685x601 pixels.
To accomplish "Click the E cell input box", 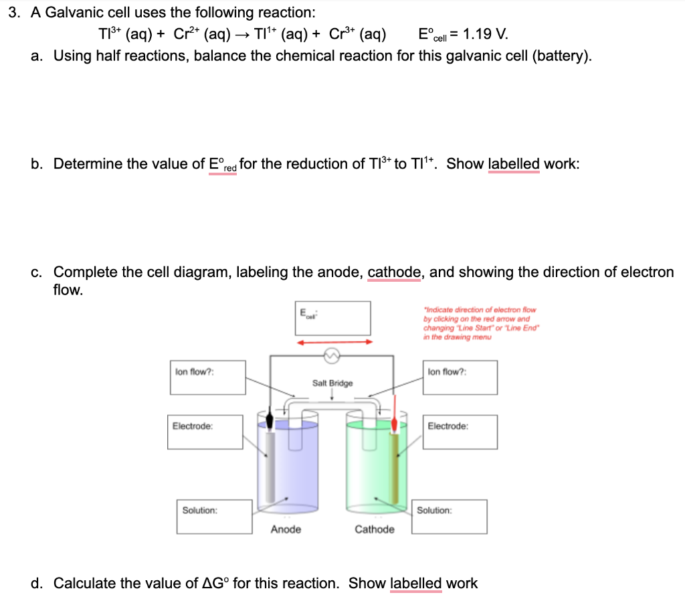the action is pyautogui.click(x=333, y=318).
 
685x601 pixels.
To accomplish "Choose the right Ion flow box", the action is pyautogui.click(x=460, y=377).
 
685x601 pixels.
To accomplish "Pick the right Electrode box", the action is pyautogui.click(x=460, y=432).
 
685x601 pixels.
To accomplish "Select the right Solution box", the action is pyautogui.click(x=449, y=516).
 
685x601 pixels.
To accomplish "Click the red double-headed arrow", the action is pyautogui.click(x=335, y=342).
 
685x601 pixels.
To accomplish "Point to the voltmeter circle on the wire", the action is pyautogui.click(x=332, y=356).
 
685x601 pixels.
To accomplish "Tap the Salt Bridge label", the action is pyautogui.click(x=332, y=383).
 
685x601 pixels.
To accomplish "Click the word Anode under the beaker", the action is pyautogui.click(x=286, y=529).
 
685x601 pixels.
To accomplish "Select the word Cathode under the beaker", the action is pyautogui.click(x=374, y=529).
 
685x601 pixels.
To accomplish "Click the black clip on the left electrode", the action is pyautogui.click(x=270, y=421).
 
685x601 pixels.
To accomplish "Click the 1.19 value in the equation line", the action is pyautogui.click(x=475, y=33).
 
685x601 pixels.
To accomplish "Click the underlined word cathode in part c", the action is pyautogui.click(x=394, y=272).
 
